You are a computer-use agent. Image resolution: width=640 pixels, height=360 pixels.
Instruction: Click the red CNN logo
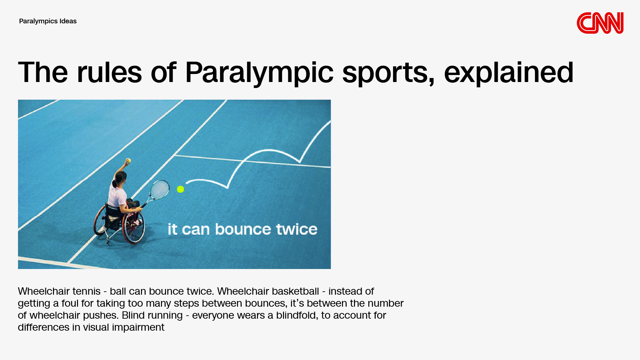pyautogui.click(x=600, y=23)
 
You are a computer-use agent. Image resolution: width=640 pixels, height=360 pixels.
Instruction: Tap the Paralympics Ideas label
pyautogui.click(x=48, y=21)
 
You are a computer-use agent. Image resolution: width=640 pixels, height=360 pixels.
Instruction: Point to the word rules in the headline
pyautogui.click(x=109, y=72)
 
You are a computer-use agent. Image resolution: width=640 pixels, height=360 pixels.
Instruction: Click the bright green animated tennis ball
pyautogui.click(x=180, y=189)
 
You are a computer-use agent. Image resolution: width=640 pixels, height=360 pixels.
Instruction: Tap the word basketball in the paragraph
pyautogui.click(x=295, y=291)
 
